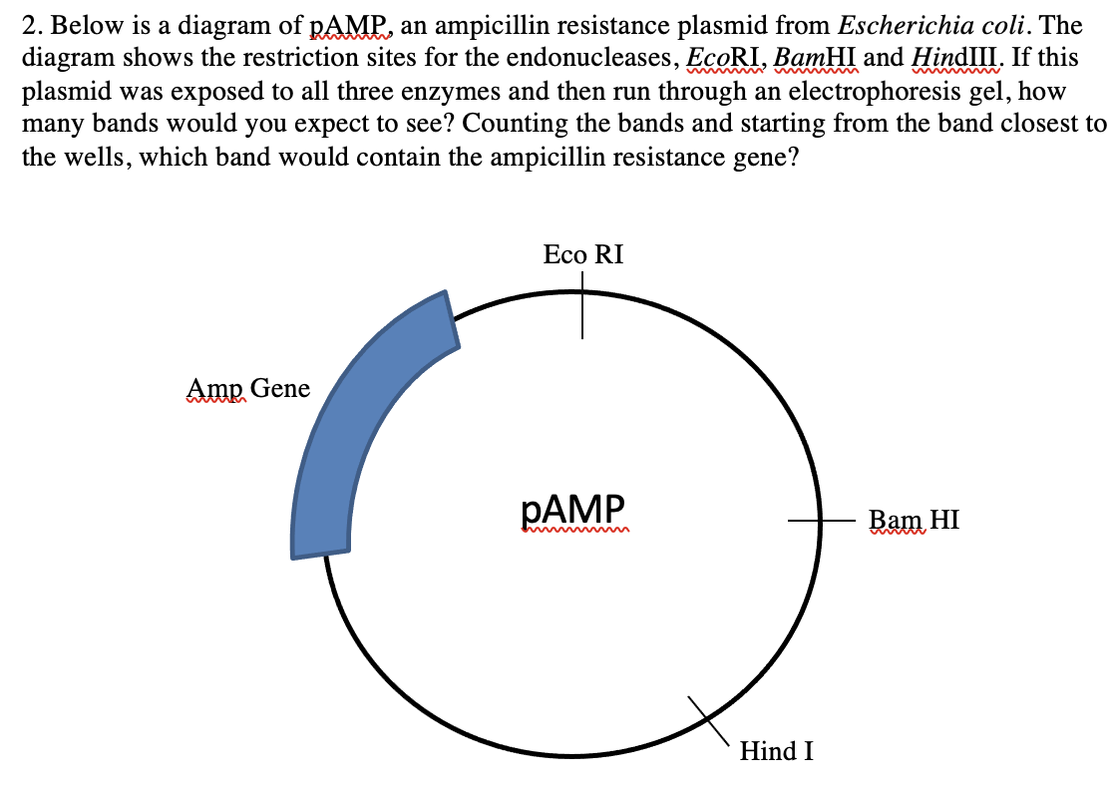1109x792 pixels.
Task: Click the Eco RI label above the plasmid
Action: [583, 254]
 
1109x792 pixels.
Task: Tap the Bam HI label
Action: [914, 520]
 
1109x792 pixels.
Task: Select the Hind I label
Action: [776, 751]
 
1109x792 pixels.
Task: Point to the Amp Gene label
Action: [248, 388]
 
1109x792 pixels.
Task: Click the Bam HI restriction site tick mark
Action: [818, 520]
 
